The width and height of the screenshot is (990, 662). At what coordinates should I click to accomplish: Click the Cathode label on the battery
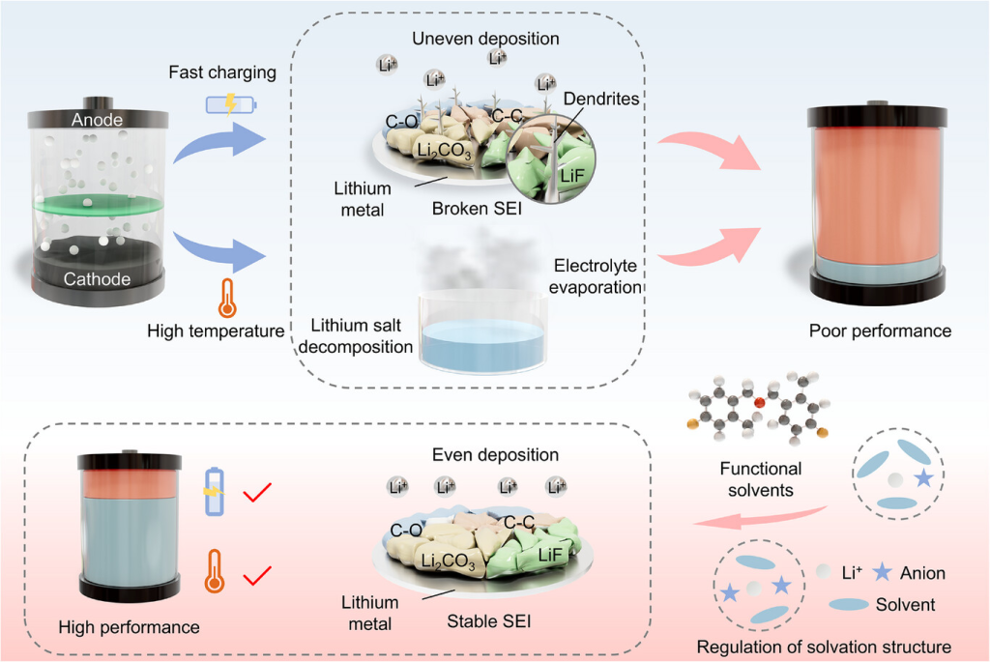coord(98,279)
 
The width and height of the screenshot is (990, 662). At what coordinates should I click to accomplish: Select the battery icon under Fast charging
coord(228,103)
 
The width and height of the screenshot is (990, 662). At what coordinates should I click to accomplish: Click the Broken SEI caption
coord(473,208)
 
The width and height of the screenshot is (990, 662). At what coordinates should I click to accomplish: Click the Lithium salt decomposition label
coord(363,335)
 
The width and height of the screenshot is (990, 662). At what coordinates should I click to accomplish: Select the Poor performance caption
coord(880,331)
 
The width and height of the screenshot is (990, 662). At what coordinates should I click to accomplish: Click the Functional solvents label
coord(761,479)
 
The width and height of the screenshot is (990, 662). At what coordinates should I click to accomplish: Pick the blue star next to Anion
coord(881,573)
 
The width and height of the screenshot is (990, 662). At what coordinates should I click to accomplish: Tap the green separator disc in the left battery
coord(97,206)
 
